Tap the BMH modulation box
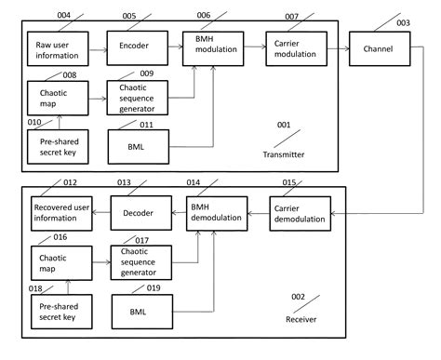click(216, 47)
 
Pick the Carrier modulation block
click(295, 47)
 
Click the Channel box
click(379, 47)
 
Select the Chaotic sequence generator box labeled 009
click(138, 98)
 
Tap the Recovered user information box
click(60, 213)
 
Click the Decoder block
click(138, 213)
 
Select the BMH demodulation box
click(216, 213)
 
